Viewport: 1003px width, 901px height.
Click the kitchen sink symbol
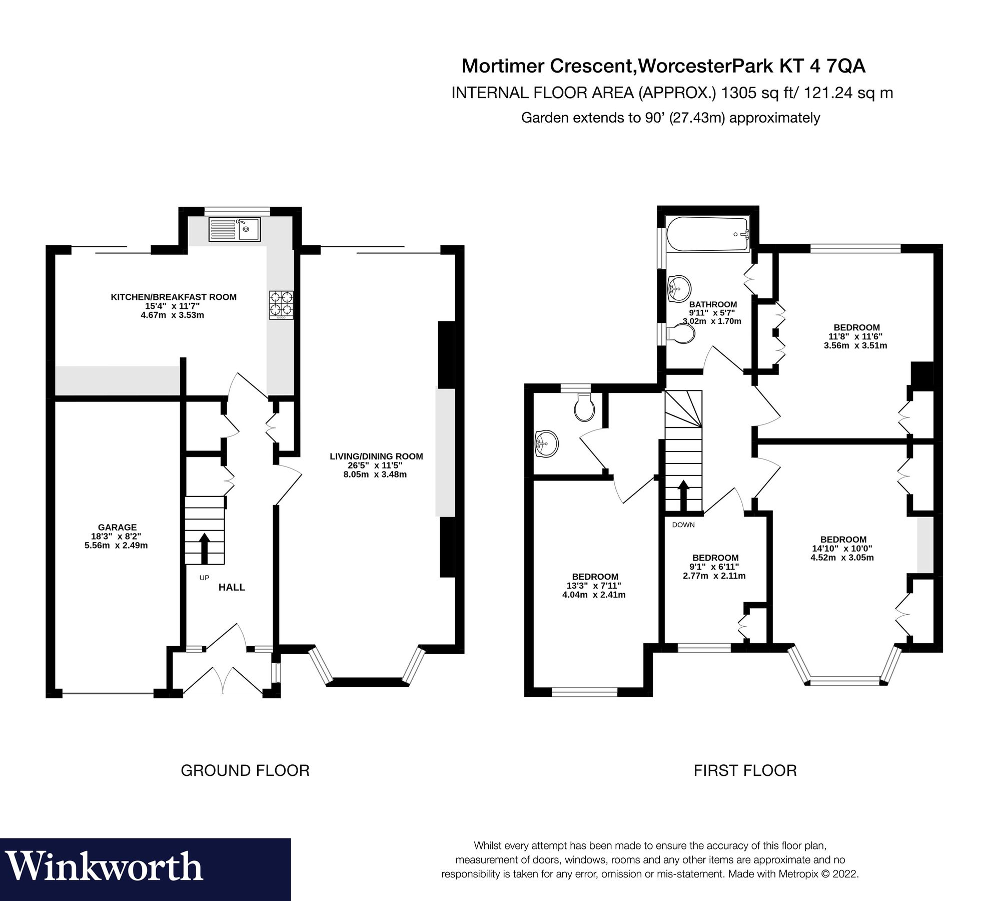[x=235, y=229]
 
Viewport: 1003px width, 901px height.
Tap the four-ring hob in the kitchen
[x=282, y=305]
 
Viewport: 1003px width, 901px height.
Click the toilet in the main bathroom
[x=682, y=333]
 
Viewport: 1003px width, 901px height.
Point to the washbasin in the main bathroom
[x=679, y=289]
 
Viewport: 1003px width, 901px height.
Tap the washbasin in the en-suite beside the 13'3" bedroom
[x=546, y=443]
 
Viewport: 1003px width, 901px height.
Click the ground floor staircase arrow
[x=204, y=548]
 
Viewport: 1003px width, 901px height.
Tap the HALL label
[x=232, y=587]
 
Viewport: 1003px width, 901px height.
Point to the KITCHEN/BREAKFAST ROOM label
[x=173, y=297]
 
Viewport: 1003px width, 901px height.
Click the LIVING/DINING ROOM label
[x=376, y=456]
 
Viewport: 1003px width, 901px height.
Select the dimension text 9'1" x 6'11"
[x=715, y=567]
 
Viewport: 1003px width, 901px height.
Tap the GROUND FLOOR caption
[x=245, y=770]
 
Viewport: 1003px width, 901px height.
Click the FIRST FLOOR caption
[x=745, y=770]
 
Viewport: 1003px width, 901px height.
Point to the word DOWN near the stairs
[x=683, y=525]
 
